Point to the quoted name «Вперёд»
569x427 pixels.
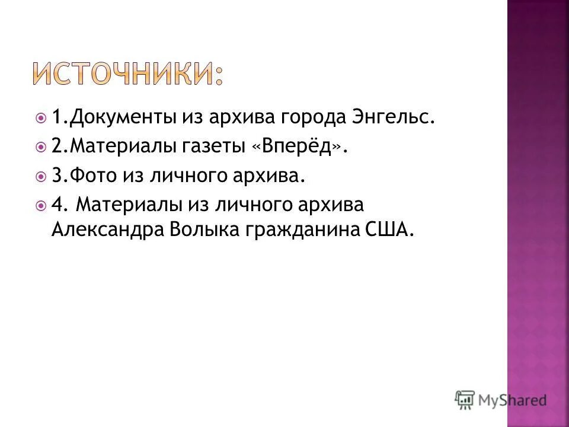tap(298, 146)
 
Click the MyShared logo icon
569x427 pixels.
tap(465, 400)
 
